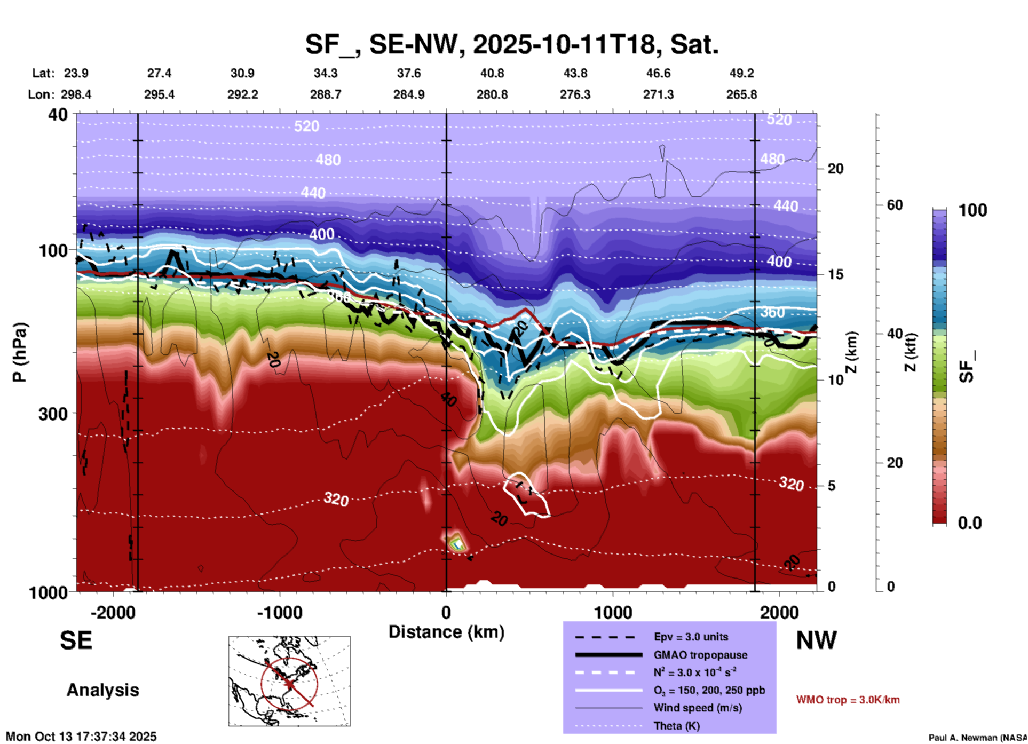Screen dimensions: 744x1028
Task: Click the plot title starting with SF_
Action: click(511, 44)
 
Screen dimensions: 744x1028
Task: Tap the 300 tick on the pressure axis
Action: click(53, 414)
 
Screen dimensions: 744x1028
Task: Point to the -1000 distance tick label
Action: click(279, 612)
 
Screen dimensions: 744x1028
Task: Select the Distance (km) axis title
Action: click(446, 632)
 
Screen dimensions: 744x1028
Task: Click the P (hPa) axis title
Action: click(20, 352)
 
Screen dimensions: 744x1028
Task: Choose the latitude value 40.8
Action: click(492, 73)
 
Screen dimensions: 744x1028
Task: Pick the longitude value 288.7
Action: click(326, 94)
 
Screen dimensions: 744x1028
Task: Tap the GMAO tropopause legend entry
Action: click(700, 655)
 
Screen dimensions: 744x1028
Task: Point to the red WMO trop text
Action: click(848, 700)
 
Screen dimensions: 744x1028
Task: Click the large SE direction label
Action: click(76, 640)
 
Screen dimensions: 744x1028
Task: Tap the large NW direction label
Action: click(816, 640)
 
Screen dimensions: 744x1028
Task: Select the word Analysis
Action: click(102, 690)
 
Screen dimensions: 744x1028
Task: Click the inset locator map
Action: click(289, 680)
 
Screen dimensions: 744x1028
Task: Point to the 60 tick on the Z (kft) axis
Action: click(895, 205)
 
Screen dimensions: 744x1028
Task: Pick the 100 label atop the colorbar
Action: click(972, 210)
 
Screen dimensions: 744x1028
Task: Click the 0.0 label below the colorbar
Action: click(970, 523)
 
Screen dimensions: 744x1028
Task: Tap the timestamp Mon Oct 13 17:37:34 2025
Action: click(81, 737)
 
